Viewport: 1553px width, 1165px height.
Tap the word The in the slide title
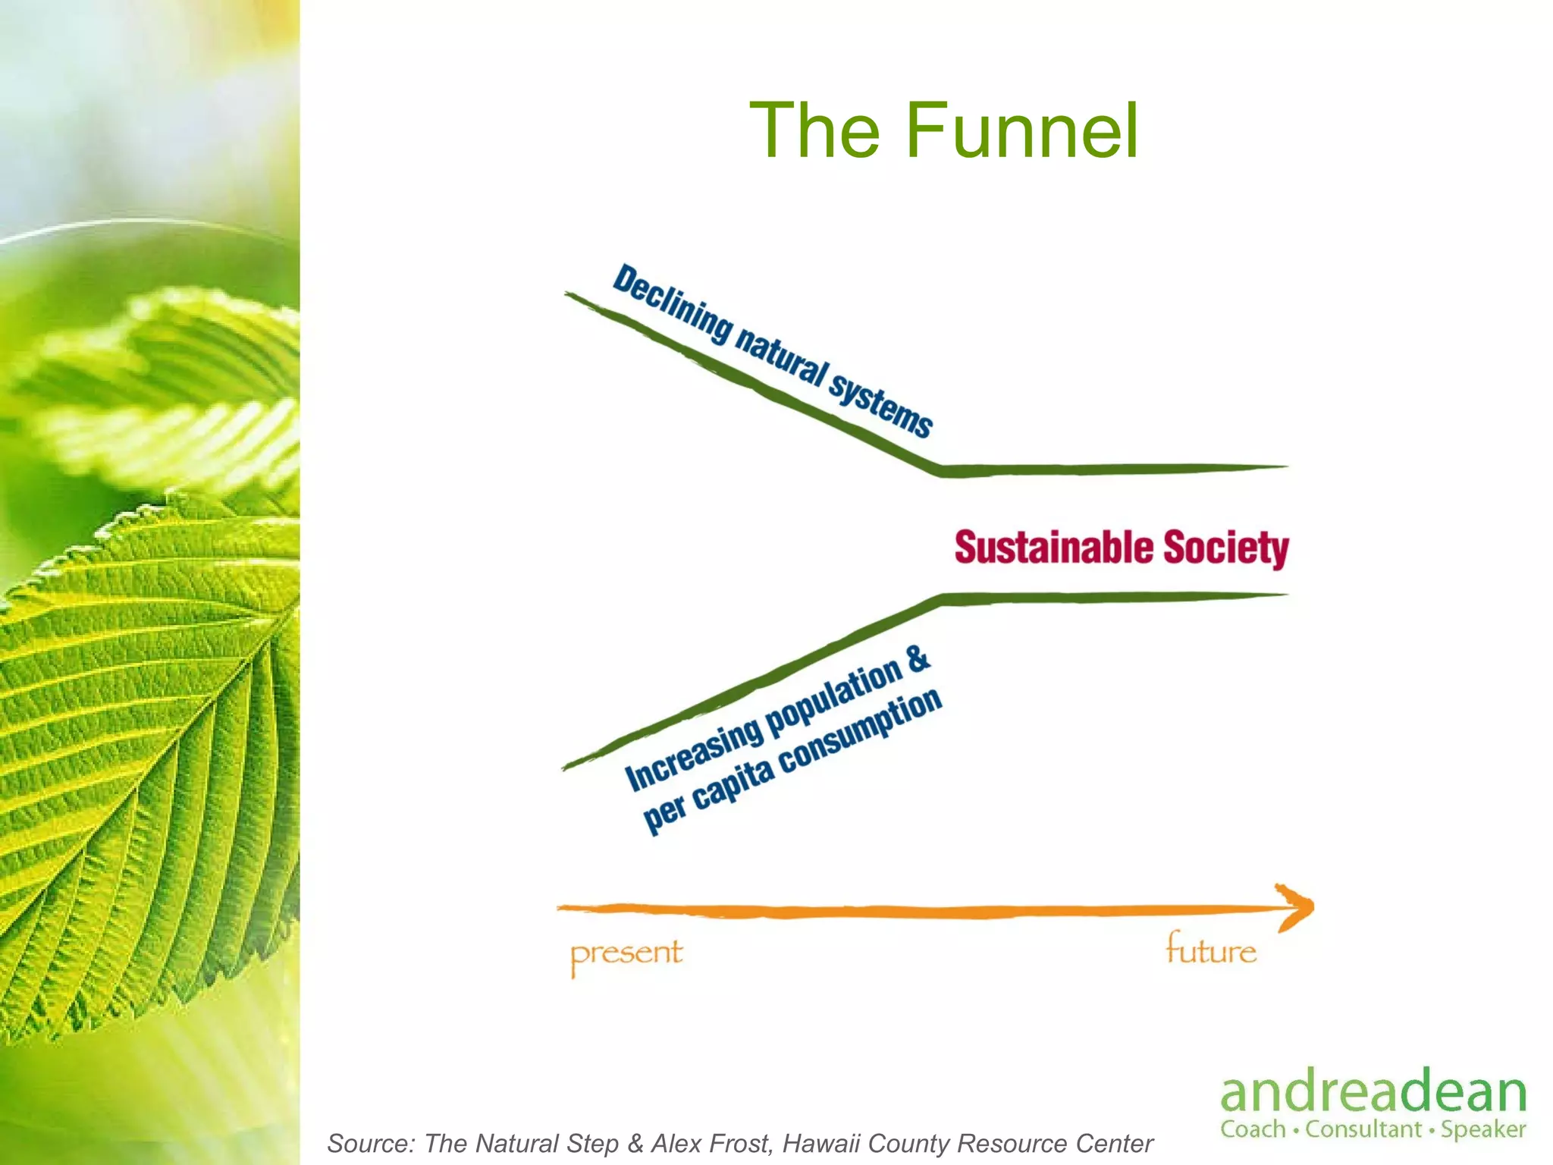tap(815, 131)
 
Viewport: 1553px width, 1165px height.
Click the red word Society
tap(1225, 549)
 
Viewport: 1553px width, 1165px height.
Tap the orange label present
tap(626, 954)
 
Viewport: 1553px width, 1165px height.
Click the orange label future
tap(1211, 950)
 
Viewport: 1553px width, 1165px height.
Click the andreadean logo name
tap(1373, 1093)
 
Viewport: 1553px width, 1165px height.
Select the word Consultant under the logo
tap(1363, 1129)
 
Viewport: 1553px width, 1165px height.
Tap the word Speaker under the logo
tap(1483, 1129)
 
